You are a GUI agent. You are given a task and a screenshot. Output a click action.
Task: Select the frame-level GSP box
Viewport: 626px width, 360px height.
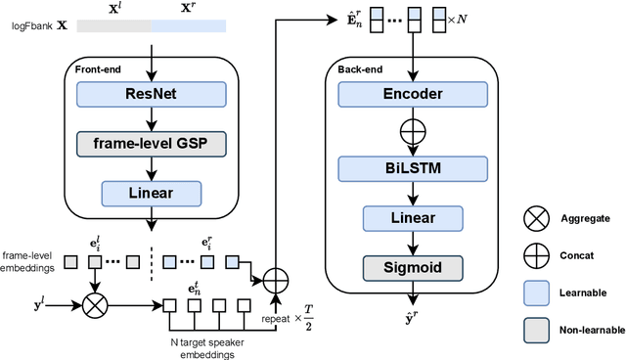tap(151, 144)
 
